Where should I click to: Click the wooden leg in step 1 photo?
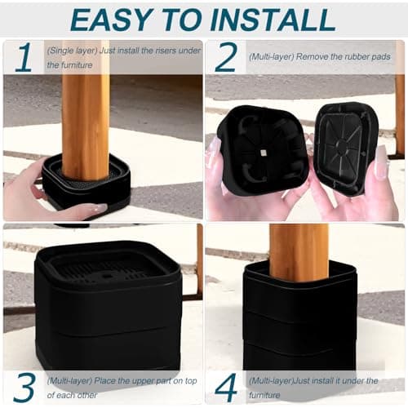tap(85, 114)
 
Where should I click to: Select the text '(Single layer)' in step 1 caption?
tap(69, 51)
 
